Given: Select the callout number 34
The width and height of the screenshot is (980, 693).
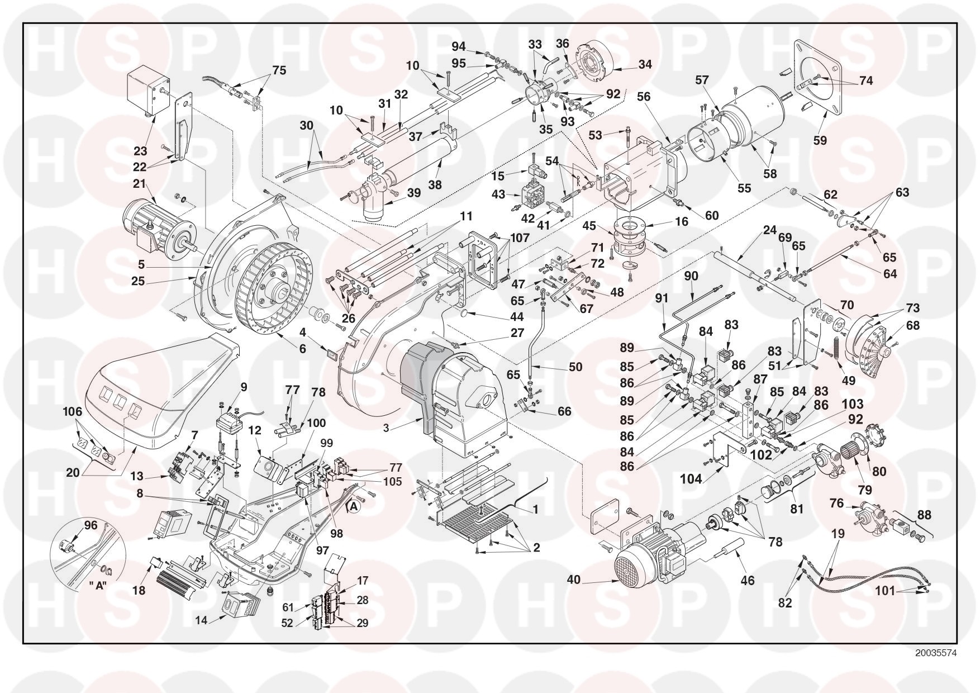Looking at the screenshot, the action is coord(645,65).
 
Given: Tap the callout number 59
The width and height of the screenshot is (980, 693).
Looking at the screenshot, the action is coord(820,140).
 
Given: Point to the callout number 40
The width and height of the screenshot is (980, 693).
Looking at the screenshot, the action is coord(574,580).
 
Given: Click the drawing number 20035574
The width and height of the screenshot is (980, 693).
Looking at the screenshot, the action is coord(936,652).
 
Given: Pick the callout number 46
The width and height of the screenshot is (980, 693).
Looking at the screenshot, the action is coord(747,581).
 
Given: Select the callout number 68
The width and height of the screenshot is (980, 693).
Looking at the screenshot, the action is coord(912,325).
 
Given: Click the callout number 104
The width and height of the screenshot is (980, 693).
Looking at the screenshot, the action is coord(691,478).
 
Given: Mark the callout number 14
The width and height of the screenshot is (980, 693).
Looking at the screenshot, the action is coord(199,620).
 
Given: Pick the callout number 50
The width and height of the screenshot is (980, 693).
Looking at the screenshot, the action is coord(575,367).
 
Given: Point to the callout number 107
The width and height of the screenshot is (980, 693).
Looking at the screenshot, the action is coord(520,238).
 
